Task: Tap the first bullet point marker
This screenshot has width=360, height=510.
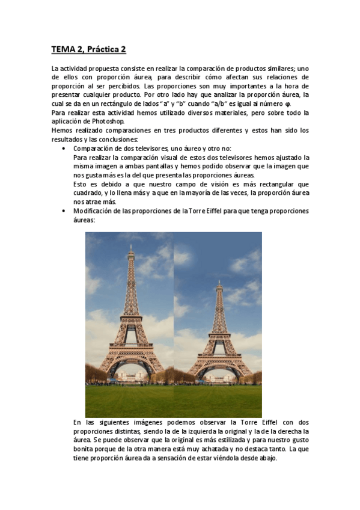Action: [x=64, y=148]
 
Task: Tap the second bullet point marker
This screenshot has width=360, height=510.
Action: [x=64, y=211]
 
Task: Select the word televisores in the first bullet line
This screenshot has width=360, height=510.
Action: [x=153, y=148]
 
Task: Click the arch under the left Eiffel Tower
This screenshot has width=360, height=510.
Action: [x=131, y=367]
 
